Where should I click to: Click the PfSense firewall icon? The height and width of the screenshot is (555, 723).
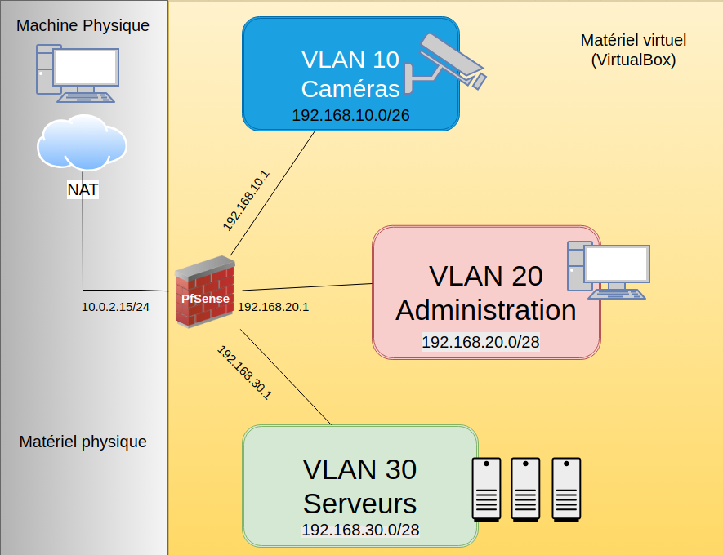click(x=204, y=292)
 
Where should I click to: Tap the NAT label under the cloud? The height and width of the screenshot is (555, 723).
click(x=83, y=190)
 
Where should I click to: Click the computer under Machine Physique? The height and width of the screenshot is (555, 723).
click(x=76, y=73)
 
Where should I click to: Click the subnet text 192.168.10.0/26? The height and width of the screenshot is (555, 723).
click(x=350, y=116)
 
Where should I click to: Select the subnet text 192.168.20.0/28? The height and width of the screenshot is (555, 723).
click(x=480, y=342)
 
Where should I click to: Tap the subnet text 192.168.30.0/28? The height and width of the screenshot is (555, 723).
click(x=360, y=530)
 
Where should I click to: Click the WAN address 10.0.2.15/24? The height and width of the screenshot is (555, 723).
click(x=115, y=307)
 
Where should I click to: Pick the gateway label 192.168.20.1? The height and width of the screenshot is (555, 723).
click(x=273, y=307)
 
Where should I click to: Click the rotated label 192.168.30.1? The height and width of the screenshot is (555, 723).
click(x=244, y=372)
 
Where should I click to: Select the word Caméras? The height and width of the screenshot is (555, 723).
click(x=350, y=88)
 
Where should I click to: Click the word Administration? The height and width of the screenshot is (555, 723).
click(x=485, y=310)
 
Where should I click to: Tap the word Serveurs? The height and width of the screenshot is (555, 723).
click(x=359, y=501)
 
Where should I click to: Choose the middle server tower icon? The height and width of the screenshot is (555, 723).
click(x=526, y=489)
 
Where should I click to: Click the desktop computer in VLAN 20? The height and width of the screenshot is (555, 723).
click(x=608, y=270)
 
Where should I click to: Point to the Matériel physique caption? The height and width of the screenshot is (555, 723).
click(x=83, y=442)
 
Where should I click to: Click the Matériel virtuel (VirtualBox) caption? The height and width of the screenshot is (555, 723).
click(x=633, y=49)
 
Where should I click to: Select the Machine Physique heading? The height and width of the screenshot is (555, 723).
click(x=83, y=25)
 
